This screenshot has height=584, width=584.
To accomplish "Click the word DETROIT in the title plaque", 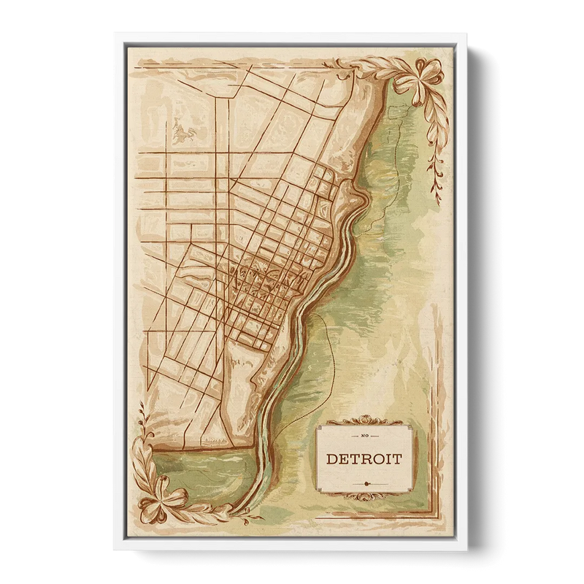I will (364, 460).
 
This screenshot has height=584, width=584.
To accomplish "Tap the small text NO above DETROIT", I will (364, 437).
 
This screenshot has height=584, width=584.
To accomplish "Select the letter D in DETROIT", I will (331, 460).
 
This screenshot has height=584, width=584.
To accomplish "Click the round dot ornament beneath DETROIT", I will (364, 483).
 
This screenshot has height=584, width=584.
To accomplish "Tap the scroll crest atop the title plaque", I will (364, 421).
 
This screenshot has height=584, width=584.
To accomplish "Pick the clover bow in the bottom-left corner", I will (162, 496).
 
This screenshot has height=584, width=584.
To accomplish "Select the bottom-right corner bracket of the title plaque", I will (406, 490).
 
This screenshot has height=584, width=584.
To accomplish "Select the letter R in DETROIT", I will (366, 460).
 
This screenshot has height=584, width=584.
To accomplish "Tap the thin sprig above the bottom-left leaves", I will (142, 423).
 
